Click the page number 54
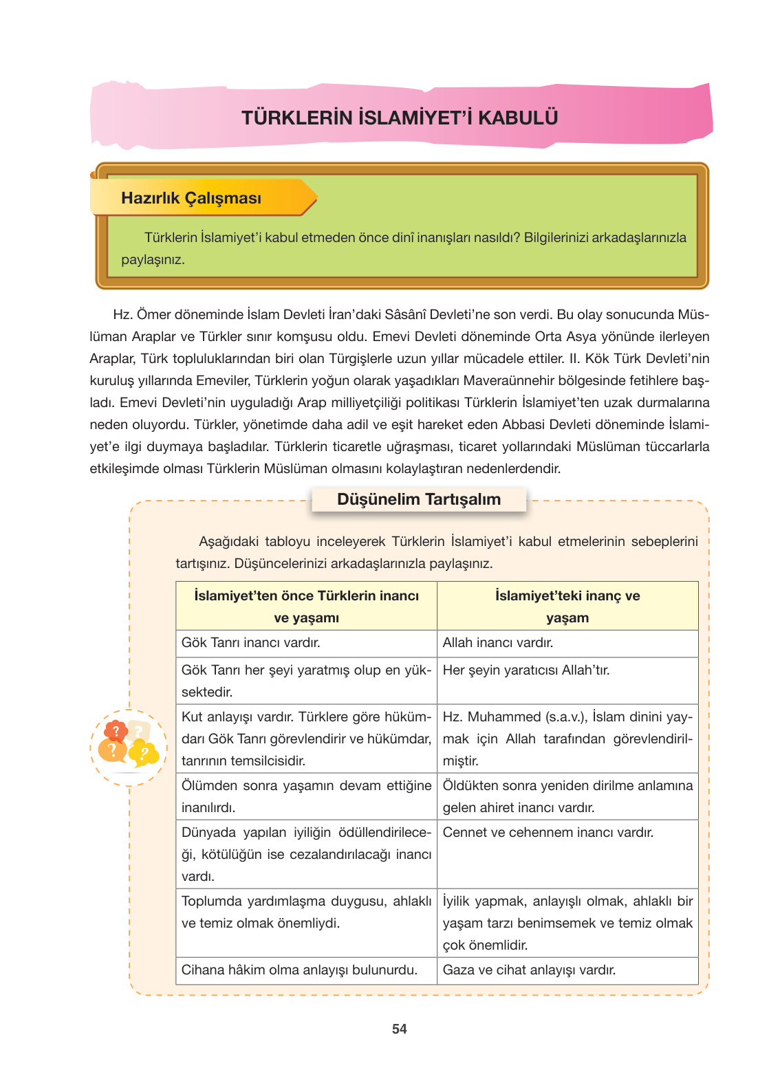tap(399, 1029)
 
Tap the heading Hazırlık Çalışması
tap(191, 198)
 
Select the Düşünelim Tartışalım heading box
tap(419, 499)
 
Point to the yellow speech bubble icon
tap(144, 754)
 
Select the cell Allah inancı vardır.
tap(497, 643)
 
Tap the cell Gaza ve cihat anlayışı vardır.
tap(529, 970)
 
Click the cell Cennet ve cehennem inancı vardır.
tap(548, 833)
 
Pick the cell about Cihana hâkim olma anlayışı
tap(299, 970)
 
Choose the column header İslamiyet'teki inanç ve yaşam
tap(567, 606)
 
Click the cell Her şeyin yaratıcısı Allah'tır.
tap(526, 670)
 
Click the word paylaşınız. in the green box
tap(153, 260)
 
